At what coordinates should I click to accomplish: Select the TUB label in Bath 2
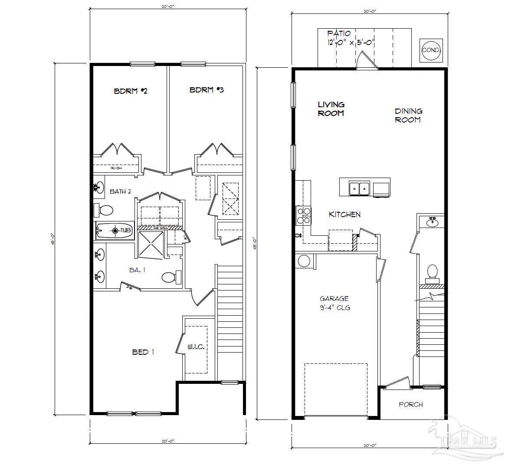[x=125, y=230]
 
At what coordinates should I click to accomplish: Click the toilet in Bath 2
[x=104, y=211]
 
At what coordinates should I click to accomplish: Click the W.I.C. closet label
[x=196, y=347]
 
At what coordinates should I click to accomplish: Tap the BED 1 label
[x=143, y=352]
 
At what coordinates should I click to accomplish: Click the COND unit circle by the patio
[x=431, y=50]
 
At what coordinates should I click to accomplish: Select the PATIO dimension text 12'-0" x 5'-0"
[x=351, y=43]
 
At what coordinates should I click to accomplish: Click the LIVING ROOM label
[x=331, y=109]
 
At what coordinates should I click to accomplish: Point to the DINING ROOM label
[x=408, y=115]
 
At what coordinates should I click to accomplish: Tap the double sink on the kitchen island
[x=359, y=188]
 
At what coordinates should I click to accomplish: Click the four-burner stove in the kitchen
[x=303, y=215]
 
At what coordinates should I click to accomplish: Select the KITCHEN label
[x=344, y=214]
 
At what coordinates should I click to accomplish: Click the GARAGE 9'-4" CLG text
[x=334, y=303]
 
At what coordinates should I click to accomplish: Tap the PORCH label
[x=410, y=404]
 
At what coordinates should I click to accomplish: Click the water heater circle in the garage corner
[x=303, y=261]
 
